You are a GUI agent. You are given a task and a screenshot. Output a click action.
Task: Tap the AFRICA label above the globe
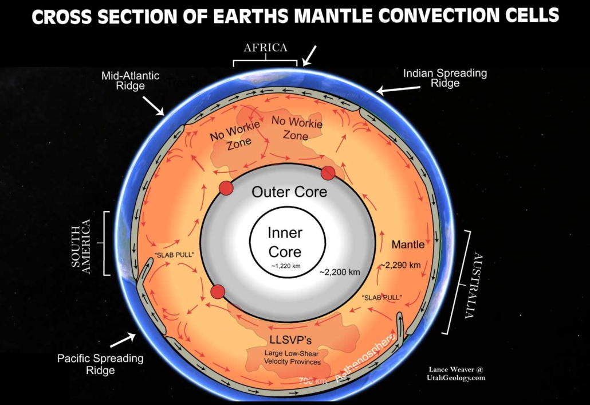point(265,48)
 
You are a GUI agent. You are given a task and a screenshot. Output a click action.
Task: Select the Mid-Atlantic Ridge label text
point(130,80)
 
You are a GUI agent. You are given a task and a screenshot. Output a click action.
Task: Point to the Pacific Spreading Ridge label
point(100,364)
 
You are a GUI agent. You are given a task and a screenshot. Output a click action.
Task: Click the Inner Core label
point(284,242)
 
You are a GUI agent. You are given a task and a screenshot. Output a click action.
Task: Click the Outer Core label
point(289,192)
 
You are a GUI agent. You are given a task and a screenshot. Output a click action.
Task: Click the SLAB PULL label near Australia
point(381,297)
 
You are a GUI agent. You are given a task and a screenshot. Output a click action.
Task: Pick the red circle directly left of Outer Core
point(225,189)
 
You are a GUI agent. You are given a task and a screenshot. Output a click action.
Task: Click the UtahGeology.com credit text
point(457,377)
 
